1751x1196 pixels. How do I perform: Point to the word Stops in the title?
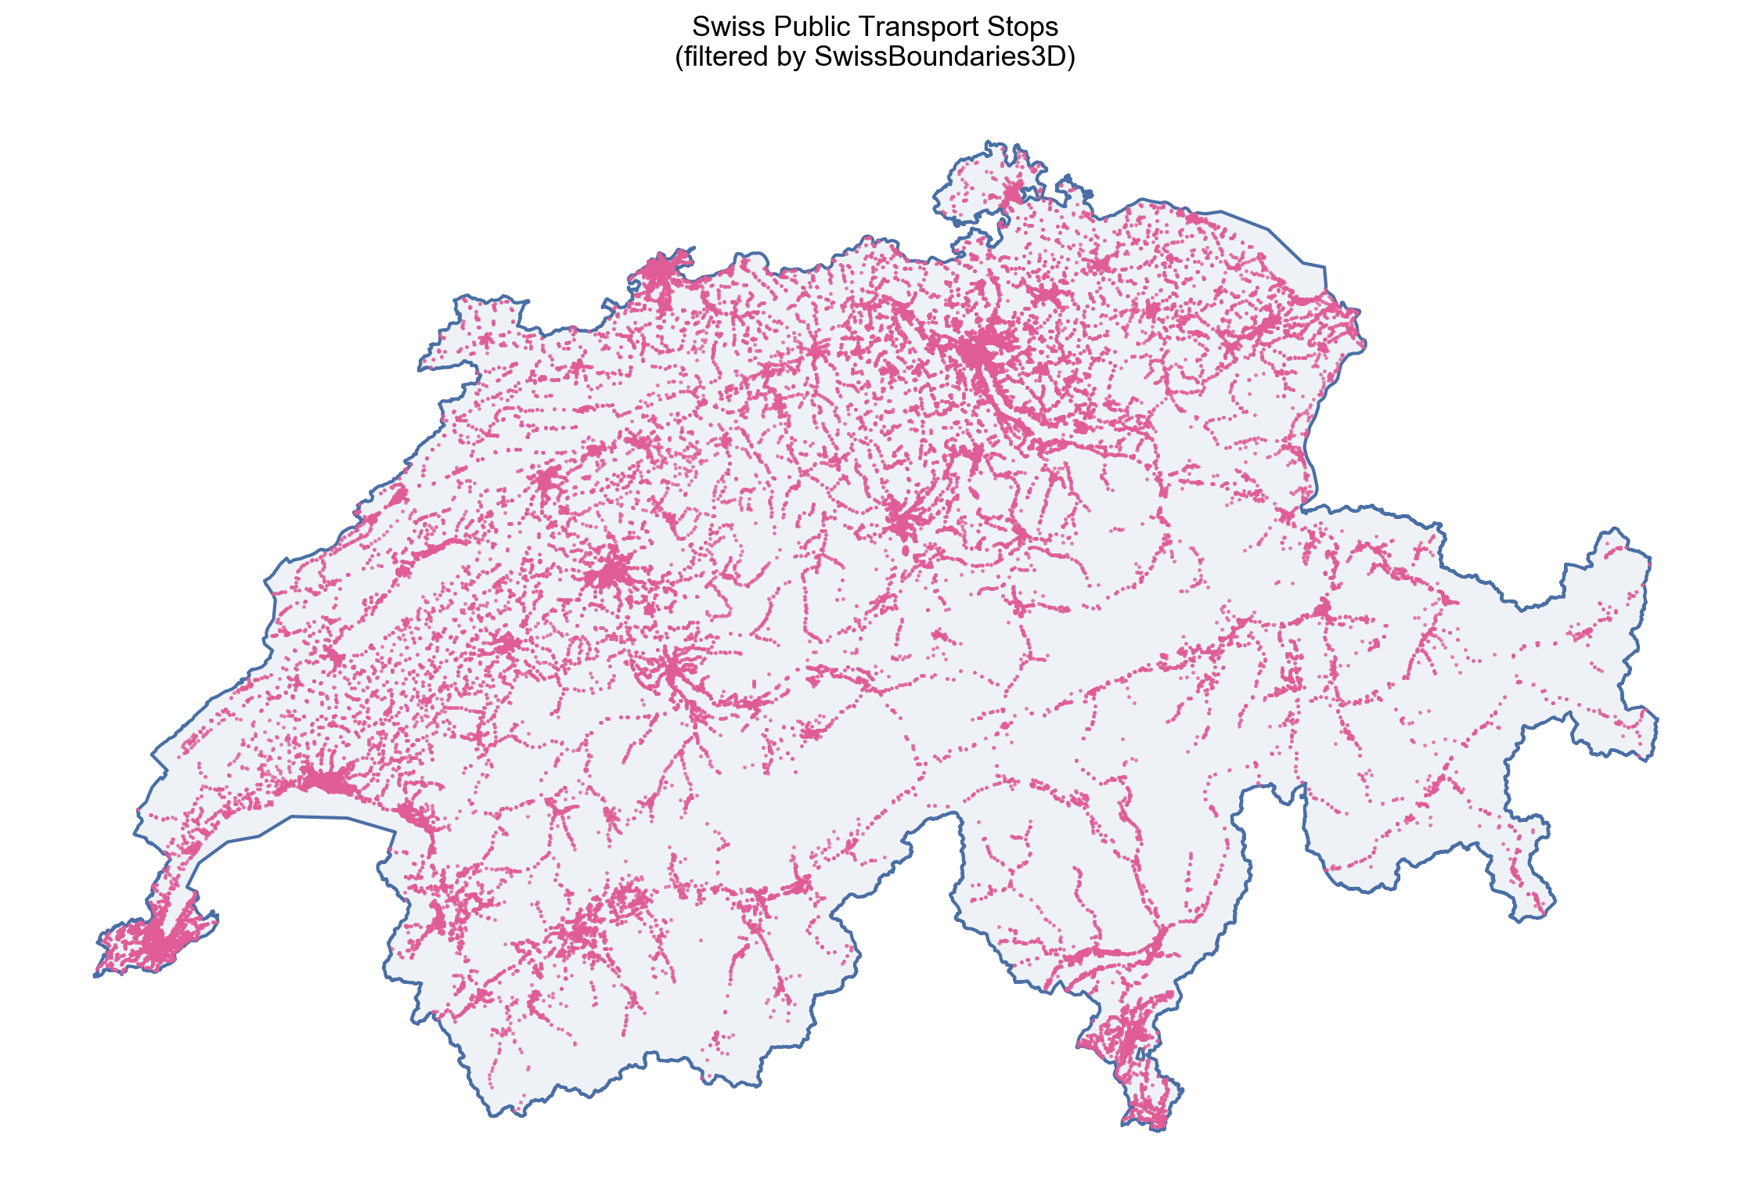coord(1022,27)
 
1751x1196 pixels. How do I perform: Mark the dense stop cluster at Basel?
coord(658,273)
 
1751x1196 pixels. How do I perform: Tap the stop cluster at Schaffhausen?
coord(1014,193)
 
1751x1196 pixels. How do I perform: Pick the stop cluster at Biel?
coord(547,480)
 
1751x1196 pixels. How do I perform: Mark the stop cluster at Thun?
coord(672,669)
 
